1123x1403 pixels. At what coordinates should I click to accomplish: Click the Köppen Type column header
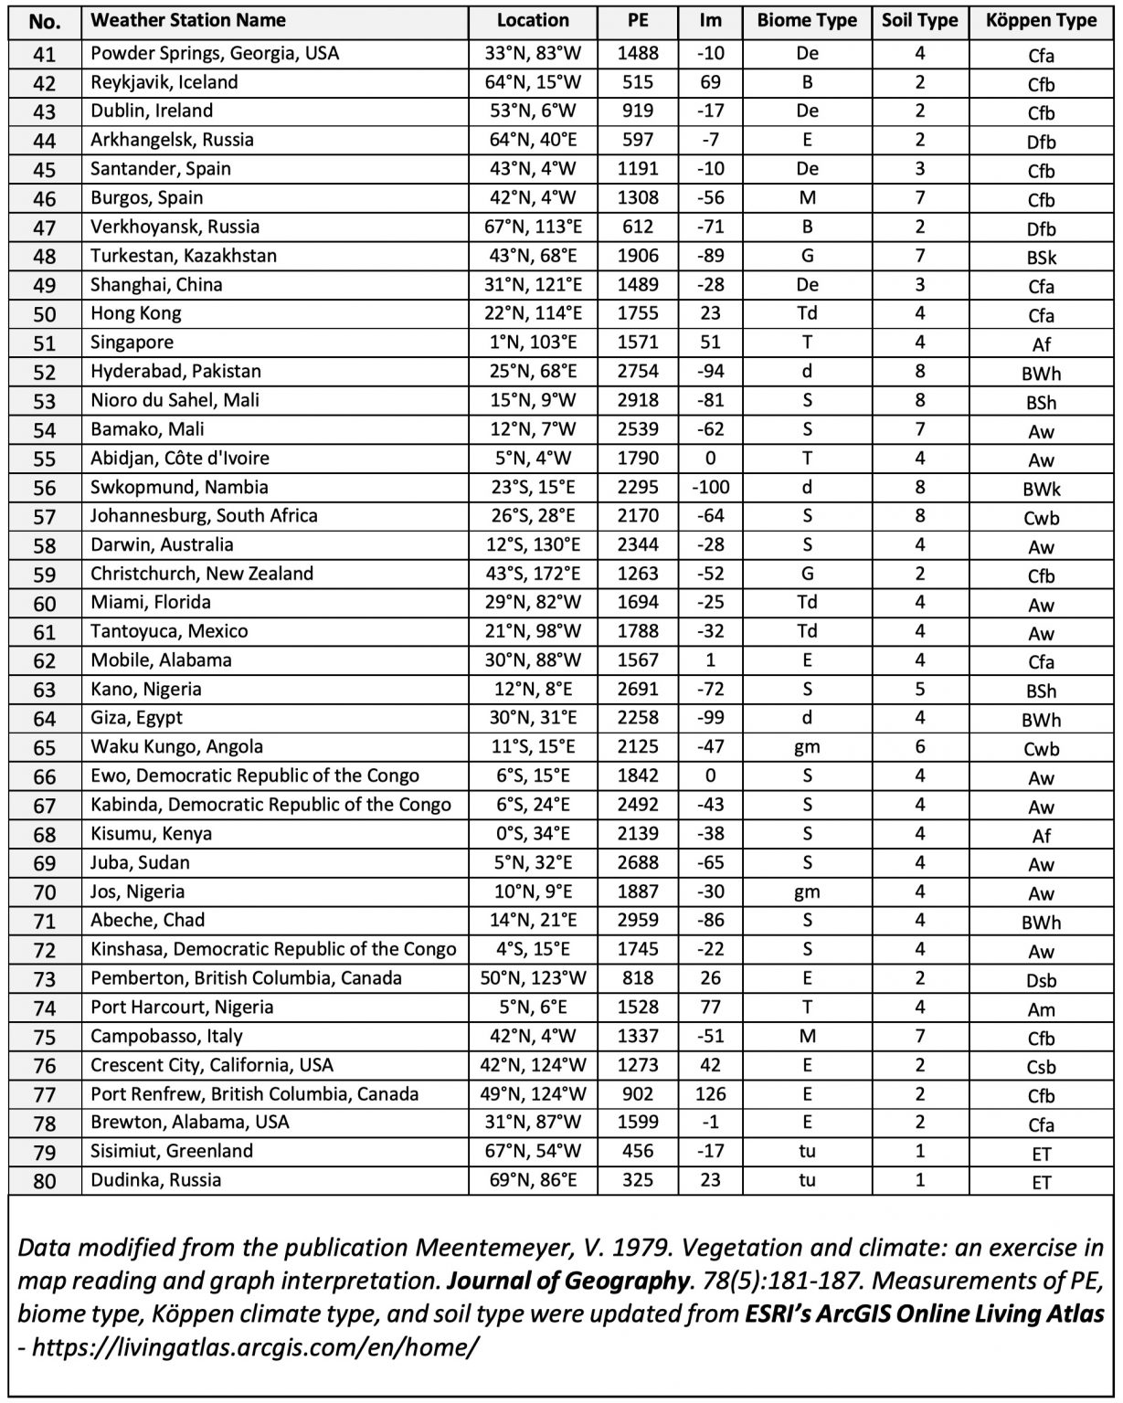[1041, 21]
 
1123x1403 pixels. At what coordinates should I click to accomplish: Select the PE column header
[637, 21]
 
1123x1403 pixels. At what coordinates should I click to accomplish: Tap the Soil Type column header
[919, 21]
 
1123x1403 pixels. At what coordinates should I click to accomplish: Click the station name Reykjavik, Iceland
[164, 82]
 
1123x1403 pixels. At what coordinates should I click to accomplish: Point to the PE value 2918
[637, 400]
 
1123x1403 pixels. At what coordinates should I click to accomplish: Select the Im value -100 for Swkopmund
[710, 487]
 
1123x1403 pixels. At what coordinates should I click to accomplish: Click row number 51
[44, 343]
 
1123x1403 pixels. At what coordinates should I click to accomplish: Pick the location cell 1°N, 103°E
[533, 343]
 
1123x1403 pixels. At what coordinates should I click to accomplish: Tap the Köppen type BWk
[1041, 489]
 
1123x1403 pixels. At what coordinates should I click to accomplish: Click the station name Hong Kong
[135, 313]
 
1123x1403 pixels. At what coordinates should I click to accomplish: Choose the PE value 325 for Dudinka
[637, 1180]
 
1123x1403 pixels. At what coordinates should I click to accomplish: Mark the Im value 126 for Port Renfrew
[710, 1093]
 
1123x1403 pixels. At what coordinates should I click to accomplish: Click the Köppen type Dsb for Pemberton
[1041, 980]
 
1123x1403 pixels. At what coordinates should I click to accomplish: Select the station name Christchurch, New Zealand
[201, 574]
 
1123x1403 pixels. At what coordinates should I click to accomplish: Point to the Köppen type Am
[1041, 1009]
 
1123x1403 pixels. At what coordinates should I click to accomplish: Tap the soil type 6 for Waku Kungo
[919, 746]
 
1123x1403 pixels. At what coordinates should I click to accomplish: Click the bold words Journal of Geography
[567, 1281]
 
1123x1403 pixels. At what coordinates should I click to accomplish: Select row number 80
[44, 1181]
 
